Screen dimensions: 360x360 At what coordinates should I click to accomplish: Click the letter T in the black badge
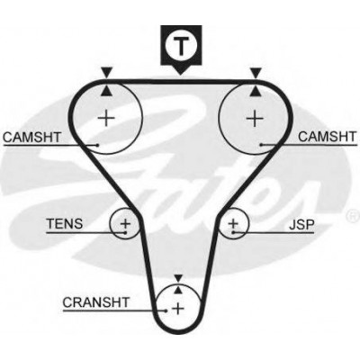181,46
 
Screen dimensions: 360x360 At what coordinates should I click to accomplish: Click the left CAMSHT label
31,137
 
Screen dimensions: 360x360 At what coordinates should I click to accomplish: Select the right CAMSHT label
327,137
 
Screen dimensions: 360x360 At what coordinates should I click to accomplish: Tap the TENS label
64,224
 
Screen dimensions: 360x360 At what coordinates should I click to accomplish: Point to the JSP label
301,224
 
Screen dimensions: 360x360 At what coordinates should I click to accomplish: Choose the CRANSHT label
96,302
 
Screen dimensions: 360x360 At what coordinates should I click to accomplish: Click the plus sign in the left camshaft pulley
106,118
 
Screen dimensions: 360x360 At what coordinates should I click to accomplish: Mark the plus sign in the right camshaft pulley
255,118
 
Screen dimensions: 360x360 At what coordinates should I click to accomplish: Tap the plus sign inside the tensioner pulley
125,223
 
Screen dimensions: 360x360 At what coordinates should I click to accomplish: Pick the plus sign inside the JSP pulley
233,223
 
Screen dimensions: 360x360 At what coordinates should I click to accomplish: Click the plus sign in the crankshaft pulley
178,309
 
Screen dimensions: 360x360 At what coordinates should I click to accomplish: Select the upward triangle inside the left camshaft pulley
106,91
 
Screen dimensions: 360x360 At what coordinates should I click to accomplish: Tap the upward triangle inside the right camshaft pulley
256,91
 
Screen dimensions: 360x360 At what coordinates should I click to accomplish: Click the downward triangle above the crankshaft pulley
178,278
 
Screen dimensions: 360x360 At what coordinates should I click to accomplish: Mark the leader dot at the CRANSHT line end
166,310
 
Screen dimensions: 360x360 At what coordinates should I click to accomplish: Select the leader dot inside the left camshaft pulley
97,145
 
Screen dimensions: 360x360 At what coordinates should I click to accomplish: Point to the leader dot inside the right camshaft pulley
261,145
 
